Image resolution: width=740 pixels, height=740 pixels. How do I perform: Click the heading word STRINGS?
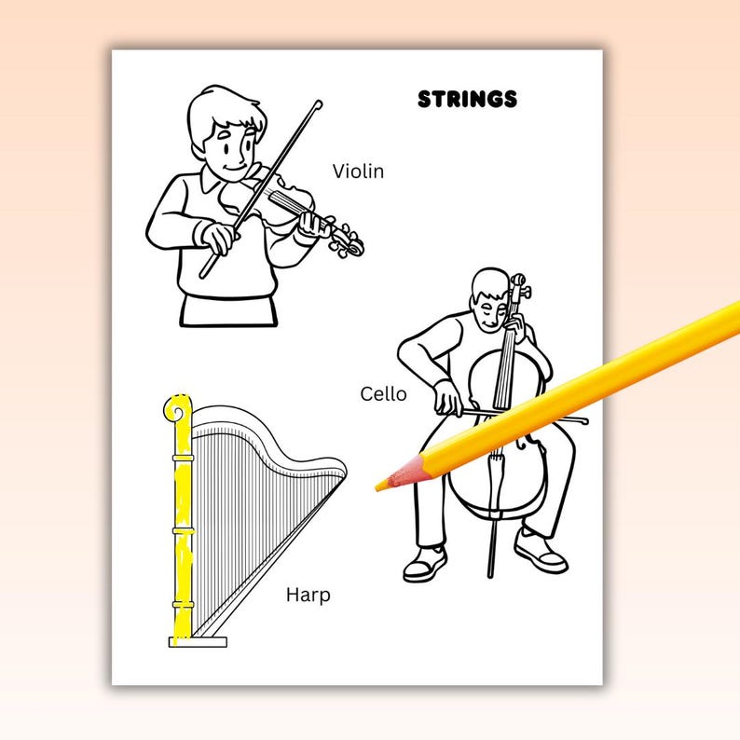(x=467, y=99)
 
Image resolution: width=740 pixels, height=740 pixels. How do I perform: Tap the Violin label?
(x=358, y=171)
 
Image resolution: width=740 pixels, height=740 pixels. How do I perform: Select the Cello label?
(x=383, y=394)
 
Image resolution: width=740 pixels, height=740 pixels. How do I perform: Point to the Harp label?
(x=308, y=595)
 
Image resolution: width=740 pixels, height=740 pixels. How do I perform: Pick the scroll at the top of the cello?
(x=518, y=281)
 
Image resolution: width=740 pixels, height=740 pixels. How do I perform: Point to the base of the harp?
(x=198, y=641)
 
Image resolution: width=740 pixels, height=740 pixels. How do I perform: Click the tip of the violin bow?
(x=318, y=104)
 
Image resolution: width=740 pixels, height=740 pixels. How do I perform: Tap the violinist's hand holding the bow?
(x=218, y=237)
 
